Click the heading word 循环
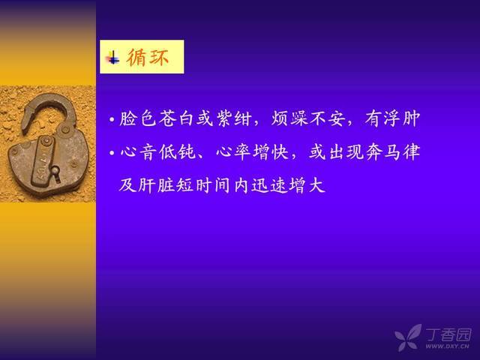[x=148, y=57]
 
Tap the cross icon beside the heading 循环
[x=112, y=58]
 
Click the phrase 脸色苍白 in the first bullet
[x=156, y=118]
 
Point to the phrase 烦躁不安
[x=307, y=118]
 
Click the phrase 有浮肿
[x=392, y=118]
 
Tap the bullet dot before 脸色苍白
[x=112, y=119]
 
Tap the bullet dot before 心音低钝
[x=112, y=152]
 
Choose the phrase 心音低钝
[x=157, y=151]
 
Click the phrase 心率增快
[x=253, y=151]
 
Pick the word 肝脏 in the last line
[x=157, y=185]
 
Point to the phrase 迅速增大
[x=288, y=185]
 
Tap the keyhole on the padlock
[x=55, y=172]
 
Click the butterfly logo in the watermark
[x=408, y=337]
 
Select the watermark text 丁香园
[x=448, y=334]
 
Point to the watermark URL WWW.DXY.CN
[x=447, y=346]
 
